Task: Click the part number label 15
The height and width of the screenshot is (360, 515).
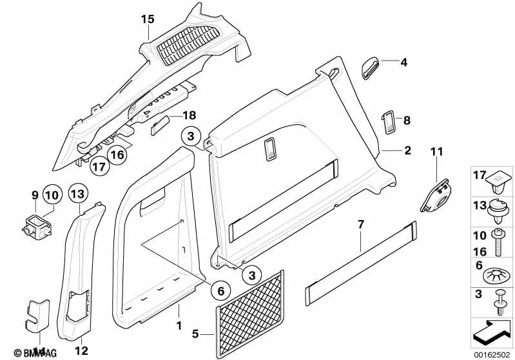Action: (x=148, y=20)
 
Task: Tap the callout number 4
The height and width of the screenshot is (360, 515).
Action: (x=404, y=63)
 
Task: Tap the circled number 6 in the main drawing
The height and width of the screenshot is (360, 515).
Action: (x=220, y=290)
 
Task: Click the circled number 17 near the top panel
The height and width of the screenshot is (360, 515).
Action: (x=99, y=167)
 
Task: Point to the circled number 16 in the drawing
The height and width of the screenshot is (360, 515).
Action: (x=117, y=154)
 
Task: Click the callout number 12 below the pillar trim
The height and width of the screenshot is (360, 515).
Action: (x=81, y=351)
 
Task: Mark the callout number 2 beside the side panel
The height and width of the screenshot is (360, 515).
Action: (x=407, y=151)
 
